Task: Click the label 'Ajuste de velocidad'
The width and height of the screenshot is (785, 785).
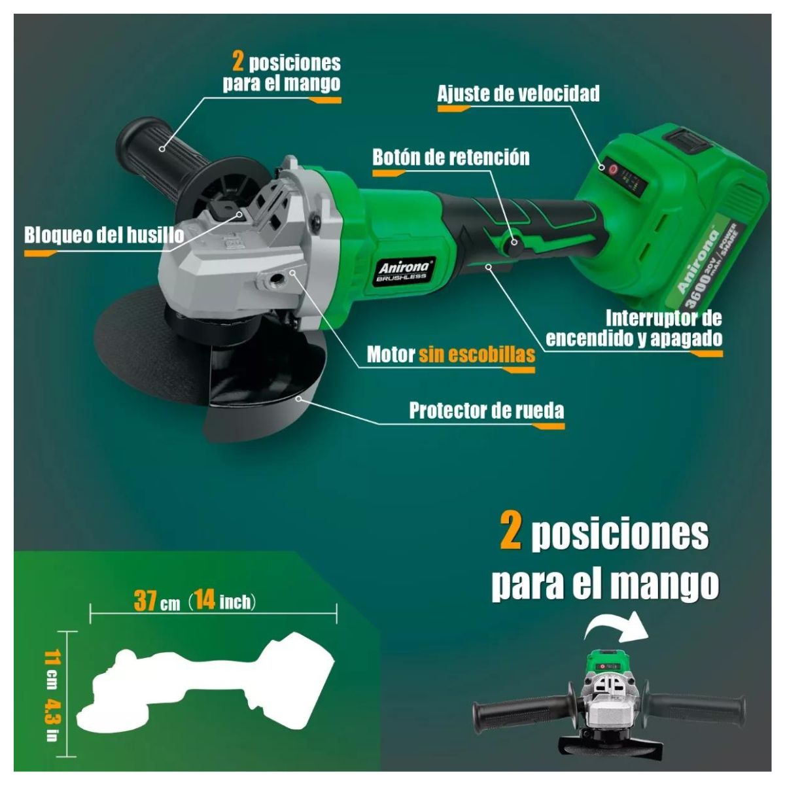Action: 518,94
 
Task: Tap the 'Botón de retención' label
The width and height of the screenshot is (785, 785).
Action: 451,158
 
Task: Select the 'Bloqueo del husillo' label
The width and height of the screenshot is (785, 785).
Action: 103,235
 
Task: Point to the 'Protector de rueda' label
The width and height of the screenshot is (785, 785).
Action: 486,411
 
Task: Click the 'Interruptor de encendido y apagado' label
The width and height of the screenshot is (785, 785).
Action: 634,328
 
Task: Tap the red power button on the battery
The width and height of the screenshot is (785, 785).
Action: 613,169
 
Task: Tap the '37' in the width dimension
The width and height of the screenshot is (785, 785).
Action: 145,600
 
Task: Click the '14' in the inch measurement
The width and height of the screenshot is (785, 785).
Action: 205,600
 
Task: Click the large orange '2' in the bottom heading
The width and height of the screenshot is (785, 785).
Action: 511,533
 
